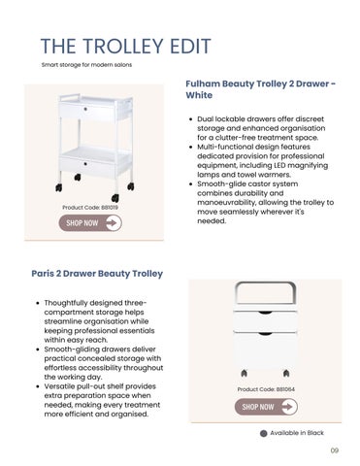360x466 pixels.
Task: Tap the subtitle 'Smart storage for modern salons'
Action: coord(86,65)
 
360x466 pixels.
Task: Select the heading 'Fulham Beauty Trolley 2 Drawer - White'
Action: coord(261,89)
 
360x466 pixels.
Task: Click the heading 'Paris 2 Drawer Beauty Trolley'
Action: coord(97,274)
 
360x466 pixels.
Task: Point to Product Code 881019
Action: coord(90,207)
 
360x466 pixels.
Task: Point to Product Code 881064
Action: coord(266,389)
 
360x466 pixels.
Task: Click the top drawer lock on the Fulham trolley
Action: coord(85,109)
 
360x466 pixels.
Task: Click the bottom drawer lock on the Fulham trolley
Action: coord(85,164)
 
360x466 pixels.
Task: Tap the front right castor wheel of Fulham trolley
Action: coord(115,198)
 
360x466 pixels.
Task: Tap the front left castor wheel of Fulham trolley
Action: coord(59,187)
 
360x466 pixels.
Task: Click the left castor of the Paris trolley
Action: coord(245,373)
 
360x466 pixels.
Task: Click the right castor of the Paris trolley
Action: coord(286,373)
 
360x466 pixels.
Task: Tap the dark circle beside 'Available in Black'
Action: coord(264,433)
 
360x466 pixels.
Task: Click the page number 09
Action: coord(335,450)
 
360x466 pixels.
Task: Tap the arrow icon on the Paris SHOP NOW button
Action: coord(288,407)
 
